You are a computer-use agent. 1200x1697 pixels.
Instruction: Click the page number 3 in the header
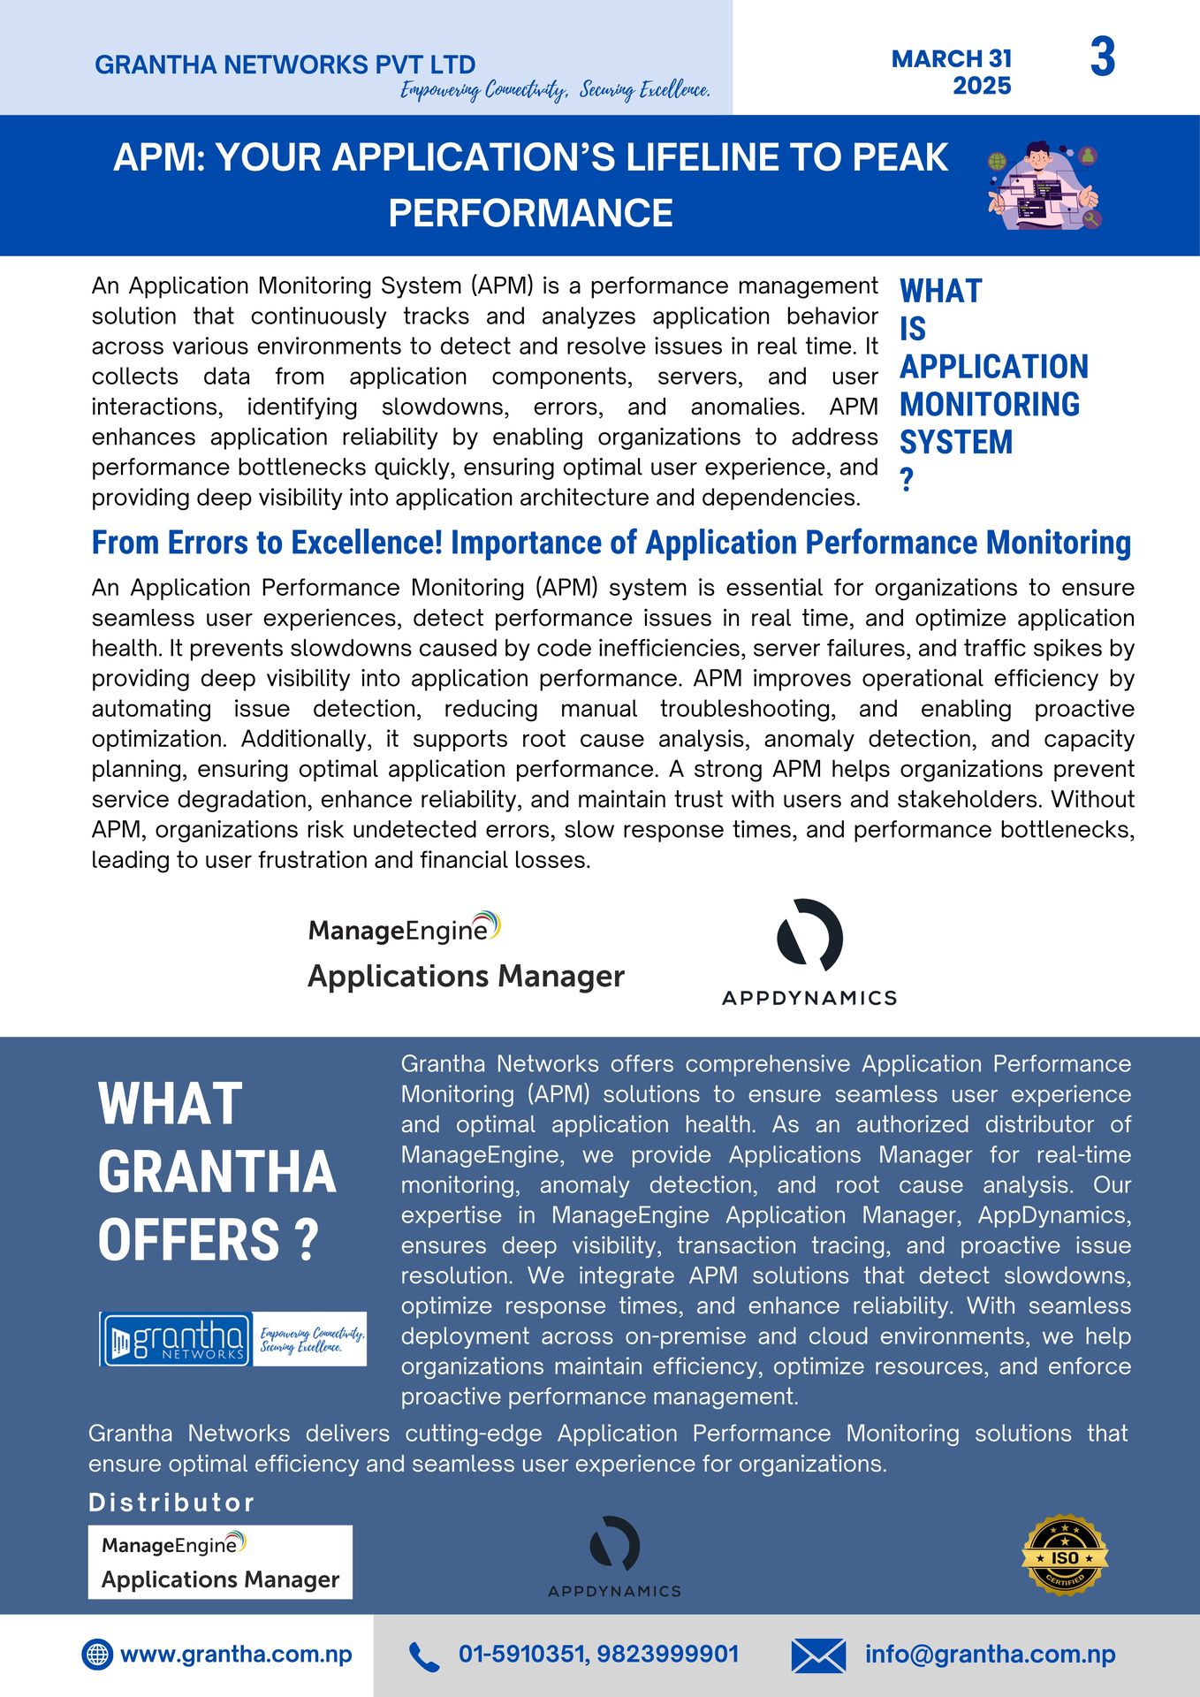click(1103, 58)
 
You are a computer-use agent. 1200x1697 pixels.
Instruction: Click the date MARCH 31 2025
click(952, 72)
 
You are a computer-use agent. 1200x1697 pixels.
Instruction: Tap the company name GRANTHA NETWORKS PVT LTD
click(285, 65)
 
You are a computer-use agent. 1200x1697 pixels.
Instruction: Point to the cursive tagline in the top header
click(555, 90)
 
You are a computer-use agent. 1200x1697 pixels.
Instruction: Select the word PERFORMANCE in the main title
click(530, 213)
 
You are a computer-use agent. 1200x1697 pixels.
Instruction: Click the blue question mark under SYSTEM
click(907, 480)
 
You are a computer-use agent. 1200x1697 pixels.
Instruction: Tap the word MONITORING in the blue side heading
click(990, 404)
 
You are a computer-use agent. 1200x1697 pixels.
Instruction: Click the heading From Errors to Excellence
click(611, 543)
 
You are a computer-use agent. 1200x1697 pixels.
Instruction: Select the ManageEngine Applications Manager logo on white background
click(466, 952)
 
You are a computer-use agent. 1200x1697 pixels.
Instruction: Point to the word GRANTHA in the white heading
click(216, 1172)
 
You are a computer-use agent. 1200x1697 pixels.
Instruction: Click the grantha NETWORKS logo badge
click(176, 1339)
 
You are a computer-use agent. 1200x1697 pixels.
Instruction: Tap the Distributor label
click(171, 1503)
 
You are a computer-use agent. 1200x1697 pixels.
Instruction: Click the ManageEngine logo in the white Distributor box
click(220, 1562)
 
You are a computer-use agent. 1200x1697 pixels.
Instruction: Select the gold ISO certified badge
click(1065, 1556)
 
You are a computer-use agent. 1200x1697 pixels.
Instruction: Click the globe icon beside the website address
click(97, 1655)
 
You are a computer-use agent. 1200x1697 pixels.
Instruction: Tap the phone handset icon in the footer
click(424, 1657)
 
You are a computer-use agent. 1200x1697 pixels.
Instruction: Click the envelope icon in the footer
click(818, 1655)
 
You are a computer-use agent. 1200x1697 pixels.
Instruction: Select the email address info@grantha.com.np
click(990, 1655)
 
